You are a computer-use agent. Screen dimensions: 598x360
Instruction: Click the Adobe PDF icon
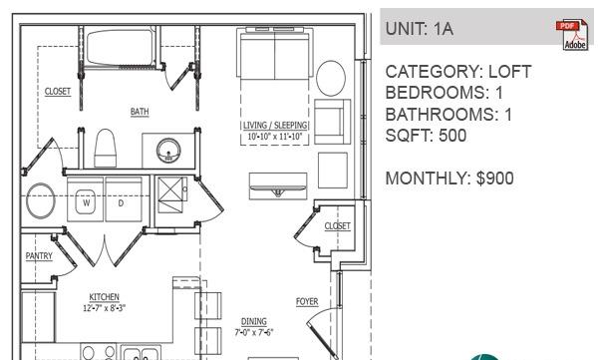(572, 35)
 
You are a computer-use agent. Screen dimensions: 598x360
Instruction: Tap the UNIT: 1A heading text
(420, 29)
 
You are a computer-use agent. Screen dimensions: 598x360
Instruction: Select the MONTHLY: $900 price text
(449, 179)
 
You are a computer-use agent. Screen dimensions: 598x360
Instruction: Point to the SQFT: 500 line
(426, 136)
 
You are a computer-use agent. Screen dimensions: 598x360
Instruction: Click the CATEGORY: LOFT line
(458, 72)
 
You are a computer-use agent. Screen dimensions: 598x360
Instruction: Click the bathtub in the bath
(121, 48)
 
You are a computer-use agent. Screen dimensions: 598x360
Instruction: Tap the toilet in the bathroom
(105, 148)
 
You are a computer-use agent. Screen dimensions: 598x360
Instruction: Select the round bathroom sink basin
(168, 151)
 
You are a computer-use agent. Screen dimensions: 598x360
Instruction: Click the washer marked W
(85, 198)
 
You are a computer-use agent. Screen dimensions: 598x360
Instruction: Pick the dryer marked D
(124, 198)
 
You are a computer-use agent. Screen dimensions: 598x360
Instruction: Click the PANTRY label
(39, 255)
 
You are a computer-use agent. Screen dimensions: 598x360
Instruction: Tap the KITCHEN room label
(104, 297)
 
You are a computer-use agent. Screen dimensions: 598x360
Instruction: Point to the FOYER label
(307, 301)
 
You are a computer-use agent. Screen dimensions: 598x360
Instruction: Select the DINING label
(254, 321)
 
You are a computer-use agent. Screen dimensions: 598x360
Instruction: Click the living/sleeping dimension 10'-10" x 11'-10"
(275, 137)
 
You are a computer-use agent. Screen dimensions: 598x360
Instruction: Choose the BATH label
(140, 112)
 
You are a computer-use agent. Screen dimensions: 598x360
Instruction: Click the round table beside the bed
(331, 78)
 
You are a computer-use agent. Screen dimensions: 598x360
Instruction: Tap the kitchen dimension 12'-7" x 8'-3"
(104, 308)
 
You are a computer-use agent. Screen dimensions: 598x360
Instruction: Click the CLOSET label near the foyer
(337, 226)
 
